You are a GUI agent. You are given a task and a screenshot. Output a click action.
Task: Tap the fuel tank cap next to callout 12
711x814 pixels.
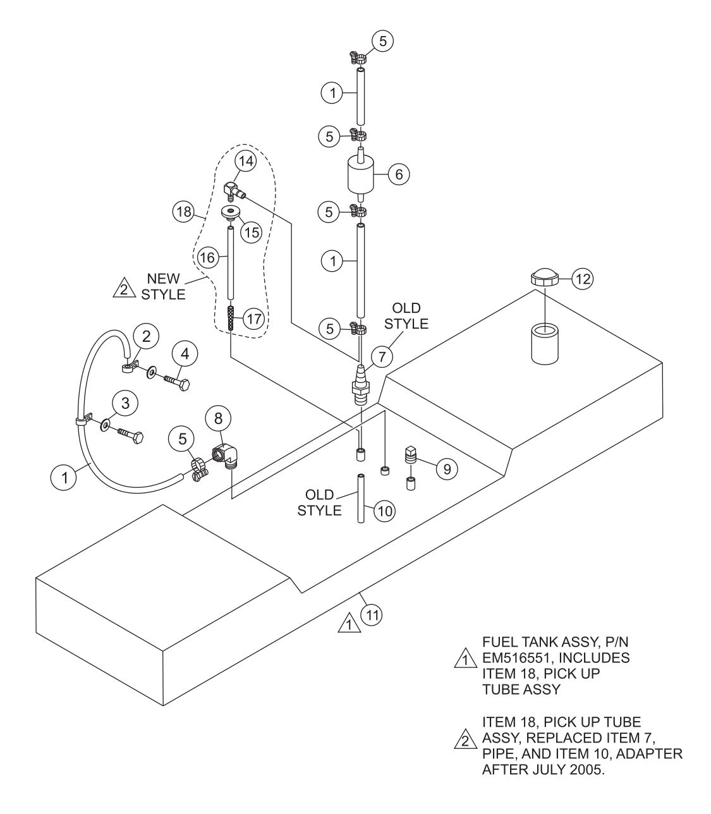tap(544, 278)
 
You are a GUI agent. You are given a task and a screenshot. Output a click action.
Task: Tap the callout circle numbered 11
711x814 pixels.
tap(371, 612)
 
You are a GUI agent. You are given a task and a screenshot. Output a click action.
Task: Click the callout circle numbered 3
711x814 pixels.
tap(125, 403)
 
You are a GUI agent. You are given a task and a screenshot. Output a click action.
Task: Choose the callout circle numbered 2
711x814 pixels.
tap(147, 336)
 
